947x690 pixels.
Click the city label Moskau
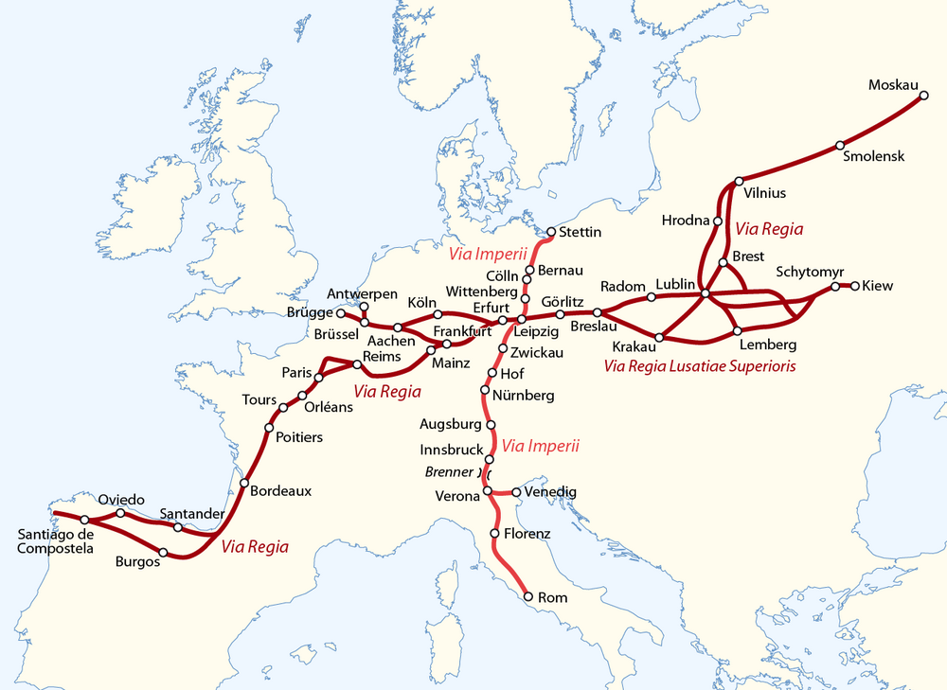point(894,86)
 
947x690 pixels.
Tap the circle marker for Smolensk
point(840,145)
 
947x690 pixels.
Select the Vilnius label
point(765,193)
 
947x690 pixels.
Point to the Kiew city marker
point(855,285)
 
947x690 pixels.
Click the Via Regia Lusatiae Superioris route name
point(699,365)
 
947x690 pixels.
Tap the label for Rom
point(552,598)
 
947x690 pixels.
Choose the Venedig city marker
point(515,492)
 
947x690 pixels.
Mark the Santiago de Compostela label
point(55,540)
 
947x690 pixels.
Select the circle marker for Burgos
point(164,552)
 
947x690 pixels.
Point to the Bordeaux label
point(280,491)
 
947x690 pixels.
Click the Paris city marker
point(318,378)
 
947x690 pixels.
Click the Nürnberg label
point(523,395)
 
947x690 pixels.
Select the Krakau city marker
point(659,337)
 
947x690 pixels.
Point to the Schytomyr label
point(810,272)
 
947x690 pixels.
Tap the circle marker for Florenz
point(494,534)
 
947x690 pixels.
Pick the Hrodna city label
point(686,221)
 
